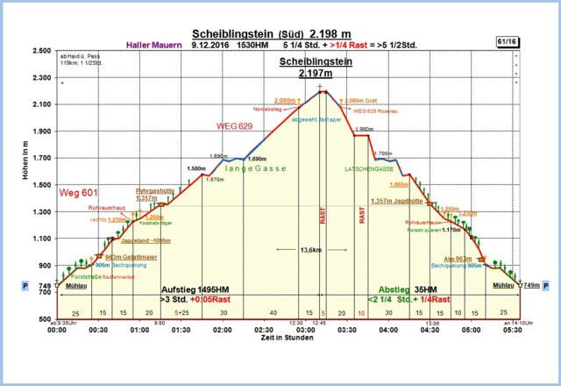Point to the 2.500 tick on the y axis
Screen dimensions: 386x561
coord(39,51)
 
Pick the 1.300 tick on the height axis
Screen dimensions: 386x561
coord(39,211)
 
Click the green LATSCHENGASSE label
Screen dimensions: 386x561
coord(367,168)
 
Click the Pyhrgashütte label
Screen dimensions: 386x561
coord(153,190)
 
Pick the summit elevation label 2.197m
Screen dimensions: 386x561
coord(313,75)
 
